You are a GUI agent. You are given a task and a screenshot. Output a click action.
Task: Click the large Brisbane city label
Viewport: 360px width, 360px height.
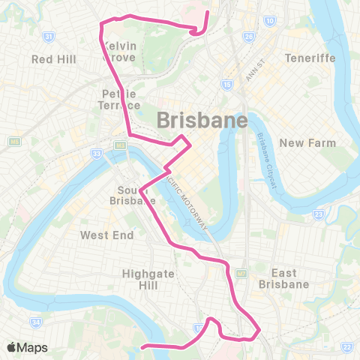coord(202,120)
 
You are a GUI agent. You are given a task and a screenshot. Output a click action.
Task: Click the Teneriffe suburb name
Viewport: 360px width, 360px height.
coord(309,58)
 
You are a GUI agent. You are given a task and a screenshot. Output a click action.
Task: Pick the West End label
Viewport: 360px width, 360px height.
coord(107,235)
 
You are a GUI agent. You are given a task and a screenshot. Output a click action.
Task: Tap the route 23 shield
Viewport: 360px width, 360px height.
coord(319,215)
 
